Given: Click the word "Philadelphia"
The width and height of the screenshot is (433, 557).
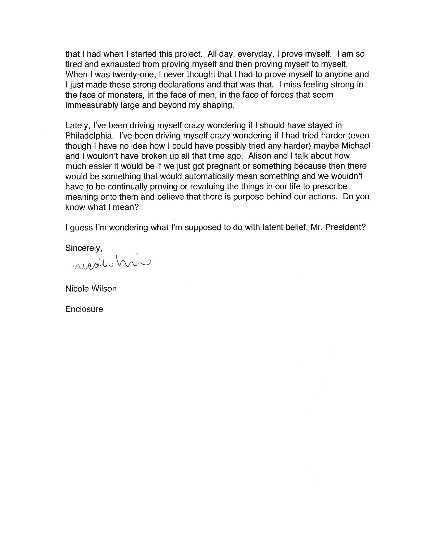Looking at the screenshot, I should [89, 136].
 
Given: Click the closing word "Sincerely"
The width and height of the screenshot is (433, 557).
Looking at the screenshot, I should [83, 248].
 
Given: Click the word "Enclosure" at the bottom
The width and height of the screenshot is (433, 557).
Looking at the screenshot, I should [84, 309].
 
